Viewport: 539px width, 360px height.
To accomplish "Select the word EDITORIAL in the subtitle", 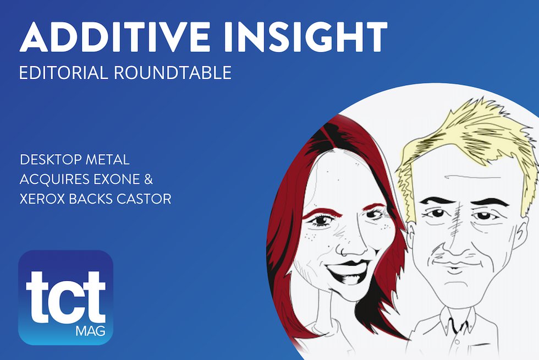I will [x=63, y=73].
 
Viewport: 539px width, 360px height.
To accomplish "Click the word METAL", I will [x=109, y=161].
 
